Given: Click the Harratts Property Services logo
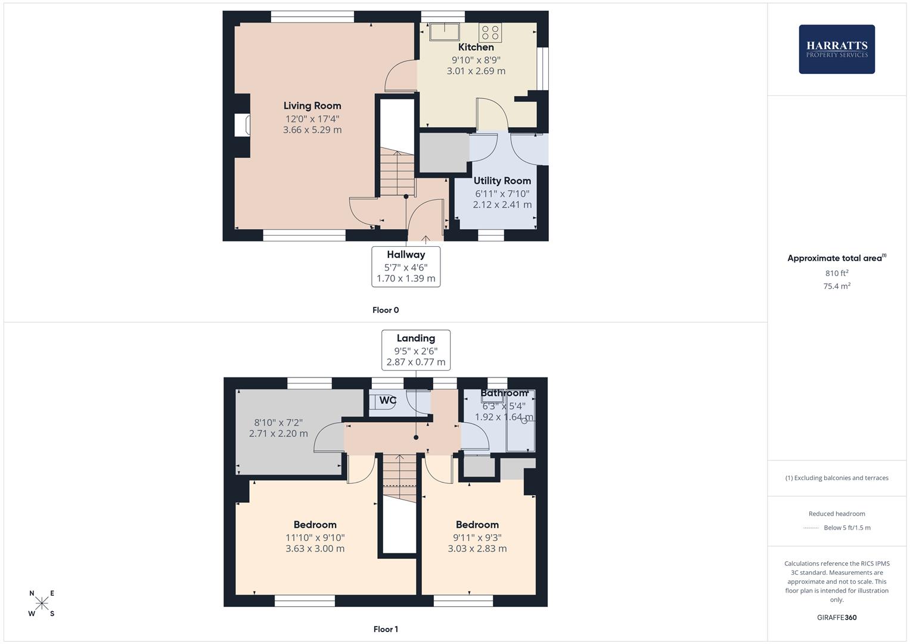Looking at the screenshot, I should point(836,49).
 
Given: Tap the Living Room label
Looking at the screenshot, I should point(312,106).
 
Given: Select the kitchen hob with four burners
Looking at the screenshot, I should point(490,32).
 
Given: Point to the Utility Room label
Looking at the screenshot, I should point(502,181).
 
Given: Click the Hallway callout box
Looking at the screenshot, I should point(406,267).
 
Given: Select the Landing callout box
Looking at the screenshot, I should point(415,350).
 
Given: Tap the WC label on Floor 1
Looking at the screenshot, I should point(387,400).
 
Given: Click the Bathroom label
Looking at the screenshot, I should point(504,393).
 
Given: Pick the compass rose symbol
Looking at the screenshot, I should point(42,603).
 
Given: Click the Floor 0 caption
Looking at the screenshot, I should point(386,310).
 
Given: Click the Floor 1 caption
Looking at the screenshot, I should point(386,629).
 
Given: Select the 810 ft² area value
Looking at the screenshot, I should point(836,273).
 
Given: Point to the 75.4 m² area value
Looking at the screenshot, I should point(836,286).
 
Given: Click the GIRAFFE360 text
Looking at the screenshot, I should point(836,618).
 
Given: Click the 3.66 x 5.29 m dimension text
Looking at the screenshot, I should point(312,130).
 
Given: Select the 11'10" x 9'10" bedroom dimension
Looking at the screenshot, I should point(315,537).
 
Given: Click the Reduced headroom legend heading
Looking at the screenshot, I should point(836,513).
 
